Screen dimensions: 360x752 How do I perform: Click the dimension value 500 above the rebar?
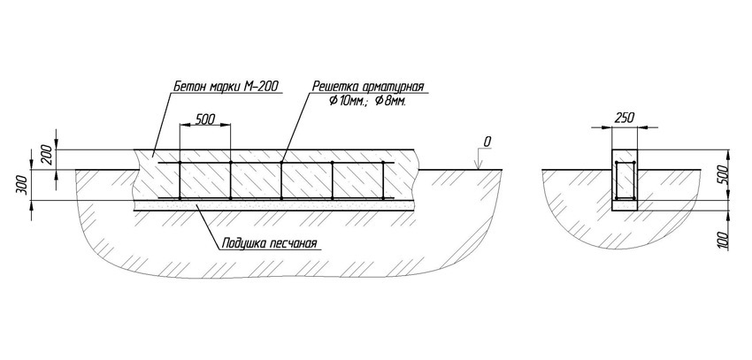(204, 119)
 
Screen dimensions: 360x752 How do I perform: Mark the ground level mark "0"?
(487, 141)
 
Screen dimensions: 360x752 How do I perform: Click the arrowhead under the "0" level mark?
(478, 166)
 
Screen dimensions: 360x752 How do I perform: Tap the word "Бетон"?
(188, 88)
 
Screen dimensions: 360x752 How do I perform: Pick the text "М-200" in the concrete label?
(263, 88)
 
